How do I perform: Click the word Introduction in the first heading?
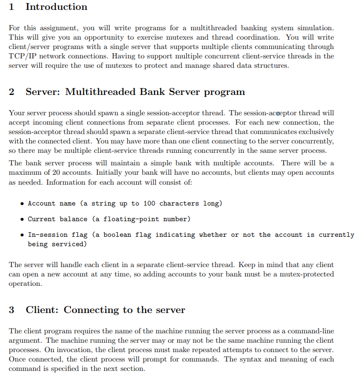pyautogui.click(x=56, y=7)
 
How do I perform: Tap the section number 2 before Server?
pyautogui.click(x=12, y=92)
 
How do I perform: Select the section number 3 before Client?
pyautogui.click(x=12, y=310)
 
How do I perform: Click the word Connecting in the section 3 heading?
pyautogui.click(x=91, y=310)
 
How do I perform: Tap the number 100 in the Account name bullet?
pyautogui.click(x=149, y=203)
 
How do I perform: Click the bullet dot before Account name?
pyautogui.click(x=21, y=203)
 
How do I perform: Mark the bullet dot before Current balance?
pyautogui.click(x=21, y=219)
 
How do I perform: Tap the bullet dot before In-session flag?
pyautogui.click(x=21, y=235)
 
